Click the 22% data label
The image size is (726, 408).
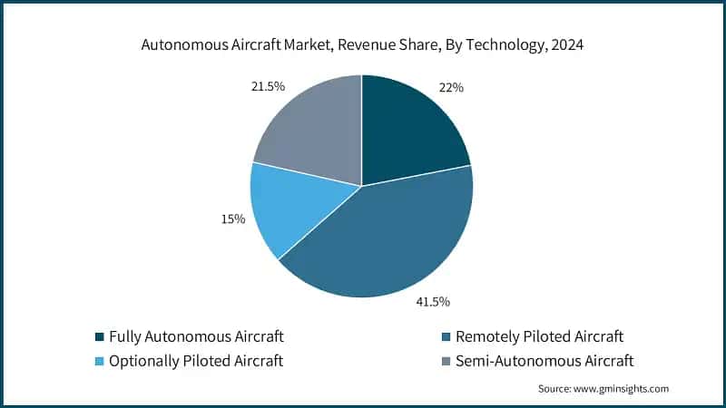pos(452,88)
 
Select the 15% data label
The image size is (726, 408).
pos(233,219)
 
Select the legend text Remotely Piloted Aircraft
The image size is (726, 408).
pos(540,337)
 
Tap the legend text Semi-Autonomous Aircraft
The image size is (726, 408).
pos(543,361)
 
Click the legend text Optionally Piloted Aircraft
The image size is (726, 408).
pos(196,361)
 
